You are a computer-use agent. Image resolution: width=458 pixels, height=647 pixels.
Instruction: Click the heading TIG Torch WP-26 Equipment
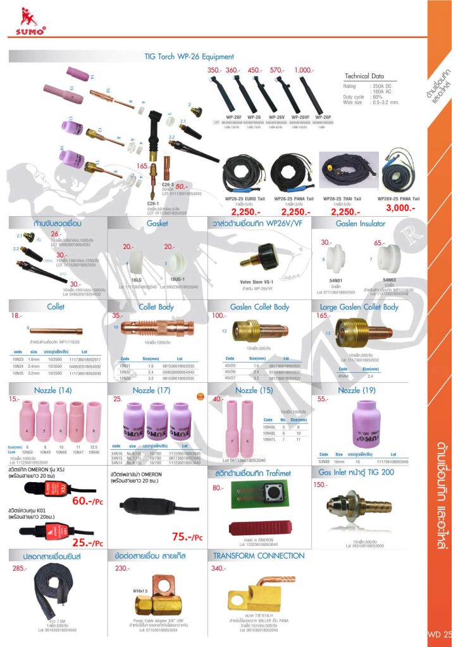[x=189, y=57]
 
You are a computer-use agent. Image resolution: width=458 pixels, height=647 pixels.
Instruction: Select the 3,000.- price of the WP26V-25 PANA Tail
[x=396, y=207]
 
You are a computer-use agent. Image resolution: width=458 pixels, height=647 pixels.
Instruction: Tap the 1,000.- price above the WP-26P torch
[x=304, y=70]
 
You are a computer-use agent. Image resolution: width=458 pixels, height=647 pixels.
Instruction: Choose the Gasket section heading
[x=157, y=223]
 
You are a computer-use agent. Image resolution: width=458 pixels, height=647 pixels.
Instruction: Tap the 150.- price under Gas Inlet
[x=321, y=485]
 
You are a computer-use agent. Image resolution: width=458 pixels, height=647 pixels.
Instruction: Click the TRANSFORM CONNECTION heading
[x=259, y=555]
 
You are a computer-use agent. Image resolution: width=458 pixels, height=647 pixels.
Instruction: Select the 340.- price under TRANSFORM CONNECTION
[x=218, y=568]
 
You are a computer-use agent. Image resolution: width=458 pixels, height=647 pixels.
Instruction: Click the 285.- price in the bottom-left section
[x=20, y=568]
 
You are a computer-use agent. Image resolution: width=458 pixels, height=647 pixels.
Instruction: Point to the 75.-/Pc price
[x=187, y=538]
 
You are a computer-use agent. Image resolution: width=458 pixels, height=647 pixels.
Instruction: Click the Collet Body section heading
[x=157, y=306]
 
